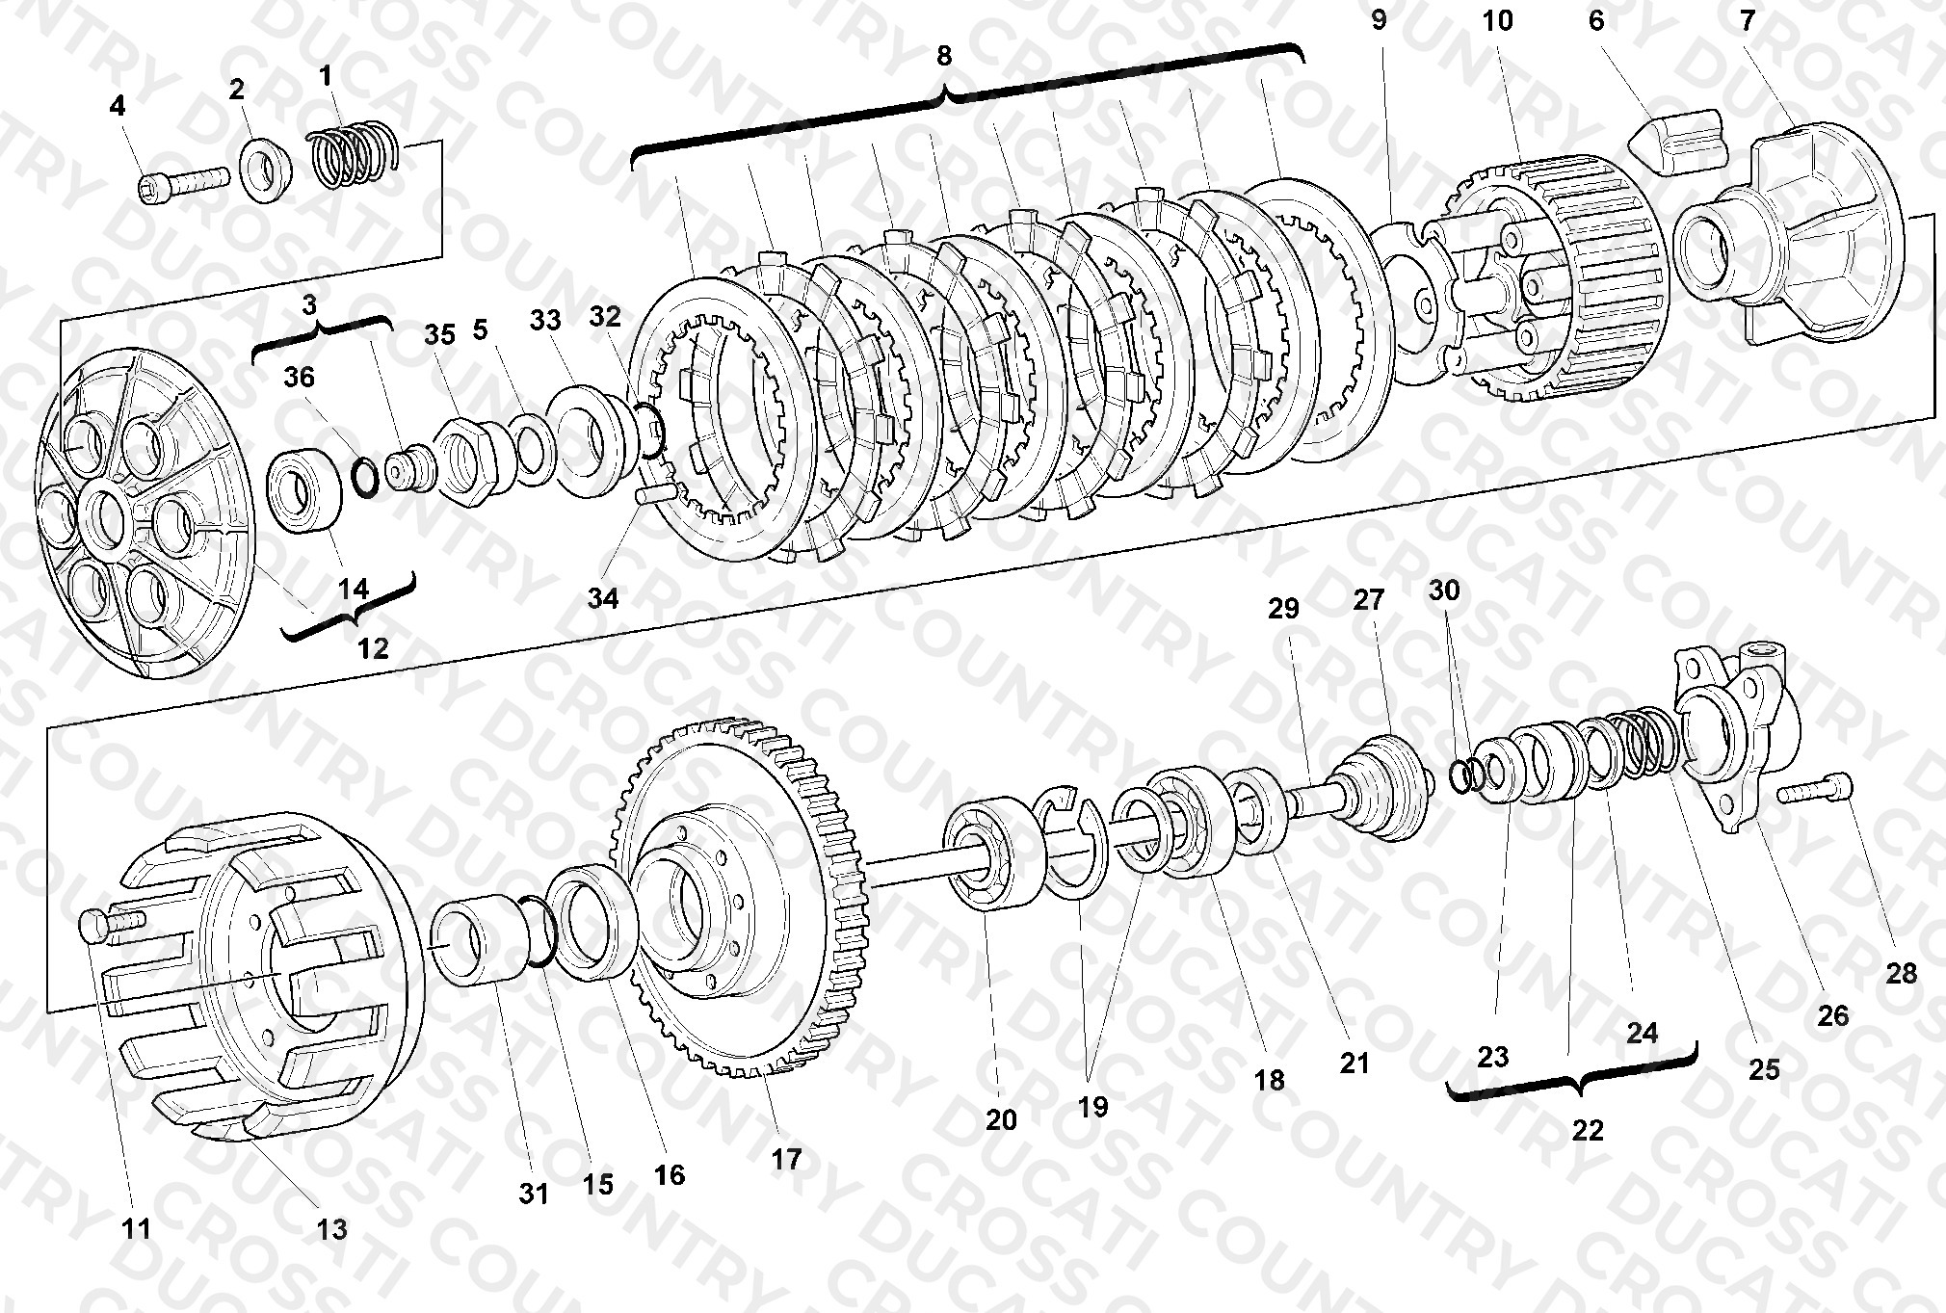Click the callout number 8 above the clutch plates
point(943,57)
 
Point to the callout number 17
point(786,1159)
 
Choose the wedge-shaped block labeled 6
point(1677,142)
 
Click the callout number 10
point(1497,20)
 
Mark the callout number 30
point(1443,590)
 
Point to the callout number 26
point(1832,1015)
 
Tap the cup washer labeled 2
point(267,171)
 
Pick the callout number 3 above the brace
point(308,305)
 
